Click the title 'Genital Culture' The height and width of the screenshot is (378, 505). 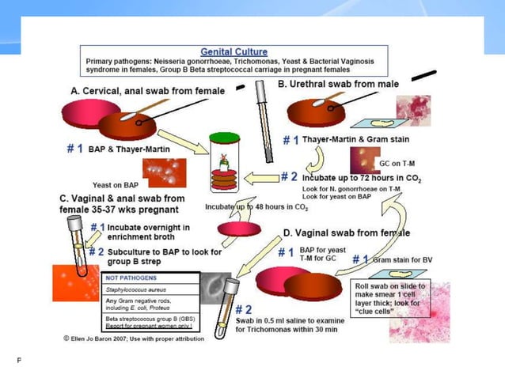tap(234, 51)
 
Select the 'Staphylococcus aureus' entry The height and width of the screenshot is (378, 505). tap(143, 291)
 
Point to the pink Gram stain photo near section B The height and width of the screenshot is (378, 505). tap(414, 111)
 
